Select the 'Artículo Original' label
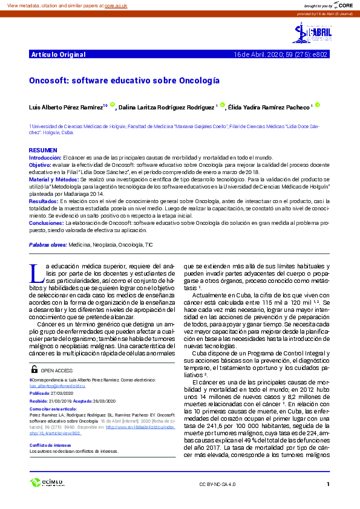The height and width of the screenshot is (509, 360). (58, 54)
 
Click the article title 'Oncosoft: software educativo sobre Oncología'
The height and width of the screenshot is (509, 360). (124, 80)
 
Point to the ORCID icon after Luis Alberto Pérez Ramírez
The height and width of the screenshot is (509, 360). (112, 105)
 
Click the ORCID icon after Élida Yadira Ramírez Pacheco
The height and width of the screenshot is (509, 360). (318, 105)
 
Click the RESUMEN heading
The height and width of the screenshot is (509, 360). (44, 150)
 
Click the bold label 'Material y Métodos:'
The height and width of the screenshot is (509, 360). (54, 180)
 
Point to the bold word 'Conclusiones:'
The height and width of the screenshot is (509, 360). (47, 223)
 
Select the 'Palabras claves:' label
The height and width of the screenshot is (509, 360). (48, 245)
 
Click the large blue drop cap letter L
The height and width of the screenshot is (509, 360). (35, 273)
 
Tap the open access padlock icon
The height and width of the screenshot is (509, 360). (34, 369)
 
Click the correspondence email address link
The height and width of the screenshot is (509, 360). (57, 385)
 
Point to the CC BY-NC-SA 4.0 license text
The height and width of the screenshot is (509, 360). (217, 485)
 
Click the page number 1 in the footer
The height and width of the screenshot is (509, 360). (327, 484)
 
